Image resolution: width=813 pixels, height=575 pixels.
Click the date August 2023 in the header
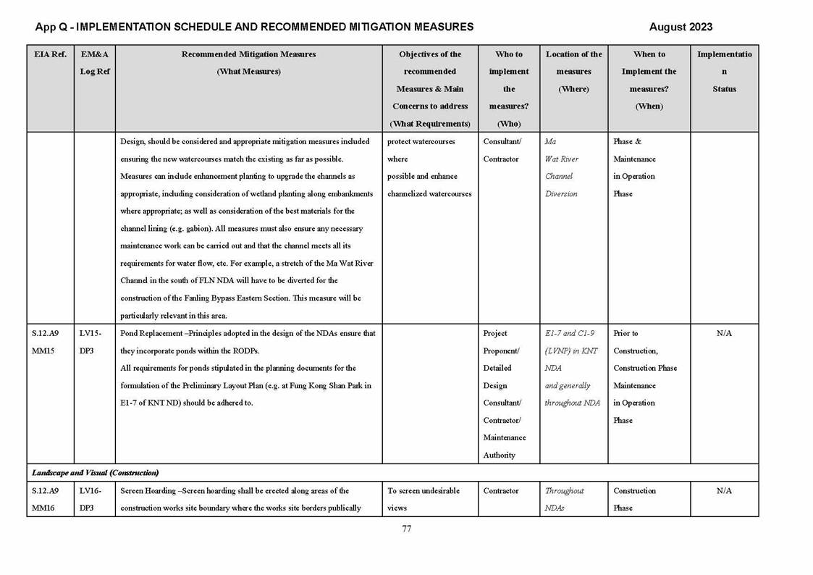(680, 27)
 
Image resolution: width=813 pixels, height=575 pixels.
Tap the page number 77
(406, 529)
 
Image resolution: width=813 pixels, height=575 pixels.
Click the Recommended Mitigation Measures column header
(248, 54)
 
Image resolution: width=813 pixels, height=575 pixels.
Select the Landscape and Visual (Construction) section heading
(95, 473)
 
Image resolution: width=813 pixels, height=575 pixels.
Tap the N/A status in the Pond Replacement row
(724, 333)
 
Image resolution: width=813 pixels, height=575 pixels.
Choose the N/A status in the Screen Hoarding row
(724, 490)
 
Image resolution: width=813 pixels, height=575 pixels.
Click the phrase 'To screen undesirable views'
(424, 499)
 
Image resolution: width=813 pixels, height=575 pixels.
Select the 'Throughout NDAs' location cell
(564, 499)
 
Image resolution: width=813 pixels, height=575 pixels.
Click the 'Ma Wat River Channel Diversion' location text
(561, 167)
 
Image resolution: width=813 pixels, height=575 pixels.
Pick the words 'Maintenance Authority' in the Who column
(500, 446)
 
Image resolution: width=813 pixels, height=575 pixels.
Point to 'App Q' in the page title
(51, 27)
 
